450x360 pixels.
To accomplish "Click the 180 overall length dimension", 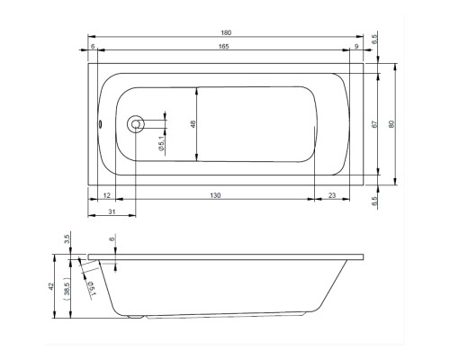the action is pos(226,32).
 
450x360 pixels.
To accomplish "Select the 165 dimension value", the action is pos(224,46).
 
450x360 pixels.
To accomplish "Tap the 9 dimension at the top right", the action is pos(356,46).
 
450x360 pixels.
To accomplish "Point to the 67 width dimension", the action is pos(374,124).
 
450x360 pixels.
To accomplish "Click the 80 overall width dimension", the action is pos(391,124).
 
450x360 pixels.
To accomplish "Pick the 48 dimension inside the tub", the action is pos(193,124).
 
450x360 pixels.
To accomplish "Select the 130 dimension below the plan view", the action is pos(215,195).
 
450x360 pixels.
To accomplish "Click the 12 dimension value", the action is pos(107,195).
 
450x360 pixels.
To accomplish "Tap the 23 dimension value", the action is pos(332,195).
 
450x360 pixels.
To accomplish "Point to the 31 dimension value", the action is pos(112,211).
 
